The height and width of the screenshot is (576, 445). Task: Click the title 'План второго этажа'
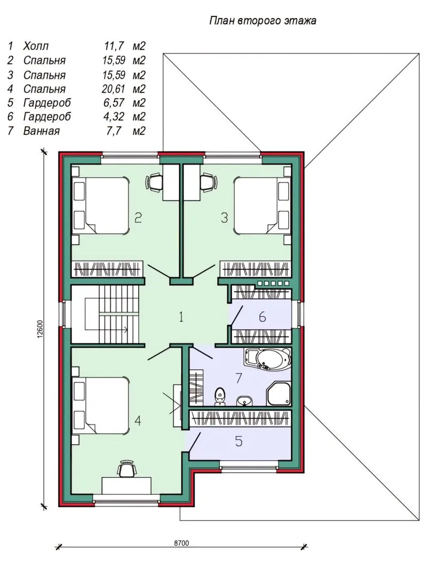coord(263,20)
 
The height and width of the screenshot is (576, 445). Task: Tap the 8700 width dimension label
coord(181,543)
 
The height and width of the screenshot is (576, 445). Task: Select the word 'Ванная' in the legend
coord(41,131)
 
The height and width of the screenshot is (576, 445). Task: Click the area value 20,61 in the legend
coord(114,89)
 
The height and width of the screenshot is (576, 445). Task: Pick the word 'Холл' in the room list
coord(36,46)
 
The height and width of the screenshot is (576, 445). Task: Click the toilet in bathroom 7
coord(220,396)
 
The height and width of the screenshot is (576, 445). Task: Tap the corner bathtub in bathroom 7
coord(267,359)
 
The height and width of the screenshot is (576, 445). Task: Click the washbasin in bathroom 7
coord(244,401)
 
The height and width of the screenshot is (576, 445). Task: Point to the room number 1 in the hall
coord(181,317)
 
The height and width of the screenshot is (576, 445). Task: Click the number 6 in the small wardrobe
coord(262,317)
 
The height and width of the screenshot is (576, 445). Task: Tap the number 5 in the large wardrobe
coord(239,441)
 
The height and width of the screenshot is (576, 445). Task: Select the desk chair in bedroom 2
coord(154,182)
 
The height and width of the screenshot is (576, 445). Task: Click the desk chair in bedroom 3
coord(208,182)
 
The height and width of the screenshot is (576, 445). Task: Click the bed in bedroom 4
coord(101,405)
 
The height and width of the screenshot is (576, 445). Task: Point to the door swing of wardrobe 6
coord(236,316)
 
